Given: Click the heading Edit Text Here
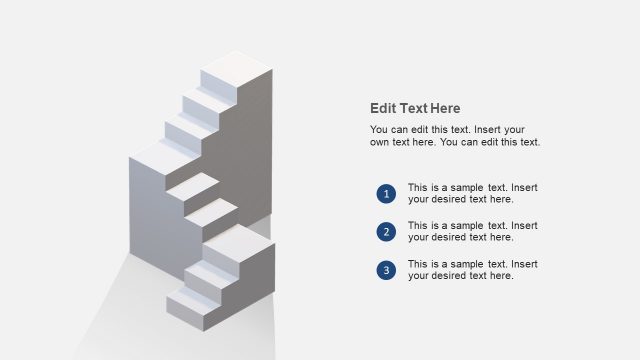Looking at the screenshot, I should pos(415,109).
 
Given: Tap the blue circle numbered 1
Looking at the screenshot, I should pos(386,193).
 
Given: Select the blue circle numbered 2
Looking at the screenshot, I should pos(386,232).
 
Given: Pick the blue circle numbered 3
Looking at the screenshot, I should pos(386,270).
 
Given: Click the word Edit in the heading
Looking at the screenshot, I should pos(383,109).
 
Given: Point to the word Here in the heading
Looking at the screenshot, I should pos(444,109).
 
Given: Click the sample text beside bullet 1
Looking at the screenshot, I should pos(473,193).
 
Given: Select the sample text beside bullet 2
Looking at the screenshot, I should pos(473,232).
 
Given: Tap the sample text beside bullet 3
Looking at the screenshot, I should pos(473,270).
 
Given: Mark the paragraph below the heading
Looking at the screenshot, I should pos(455,136).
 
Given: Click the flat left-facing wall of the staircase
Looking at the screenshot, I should pos(150,220).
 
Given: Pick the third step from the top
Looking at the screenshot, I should pos(190,124).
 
